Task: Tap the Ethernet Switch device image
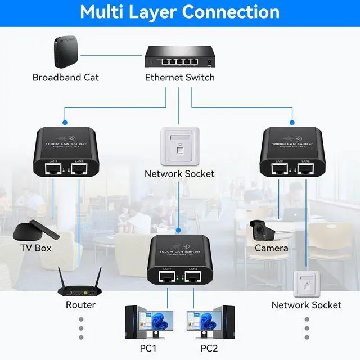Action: [x=179, y=55]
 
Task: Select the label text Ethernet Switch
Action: [x=179, y=78]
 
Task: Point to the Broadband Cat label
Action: [x=66, y=78]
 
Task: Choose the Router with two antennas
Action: [x=80, y=285]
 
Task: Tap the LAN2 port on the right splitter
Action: [x=305, y=168]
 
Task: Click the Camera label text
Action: [x=271, y=248]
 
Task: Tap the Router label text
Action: [x=80, y=305]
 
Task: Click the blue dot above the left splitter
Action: [x=65, y=121]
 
